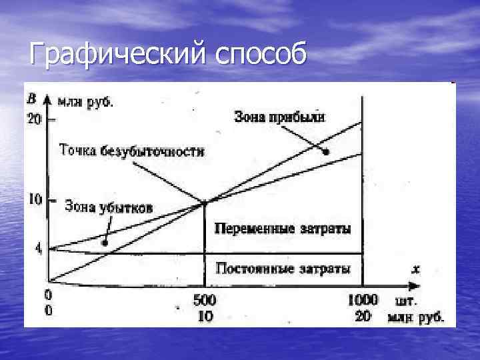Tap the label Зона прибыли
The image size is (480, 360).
tap(279, 117)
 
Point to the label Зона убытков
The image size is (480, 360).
tap(108, 207)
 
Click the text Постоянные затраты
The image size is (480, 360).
tap(283, 269)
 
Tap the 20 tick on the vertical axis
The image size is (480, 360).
tap(33, 120)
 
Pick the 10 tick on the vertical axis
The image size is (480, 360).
tap(33, 199)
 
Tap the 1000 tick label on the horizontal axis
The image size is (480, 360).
tap(363, 299)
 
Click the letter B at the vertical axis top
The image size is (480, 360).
tap(31, 99)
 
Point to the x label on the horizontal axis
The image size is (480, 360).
tap(415, 269)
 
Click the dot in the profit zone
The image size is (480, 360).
tap(326, 153)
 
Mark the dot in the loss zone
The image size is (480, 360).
tap(105, 243)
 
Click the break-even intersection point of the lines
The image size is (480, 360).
tap(204, 202)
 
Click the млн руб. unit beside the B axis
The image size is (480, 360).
tap(85, 101)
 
